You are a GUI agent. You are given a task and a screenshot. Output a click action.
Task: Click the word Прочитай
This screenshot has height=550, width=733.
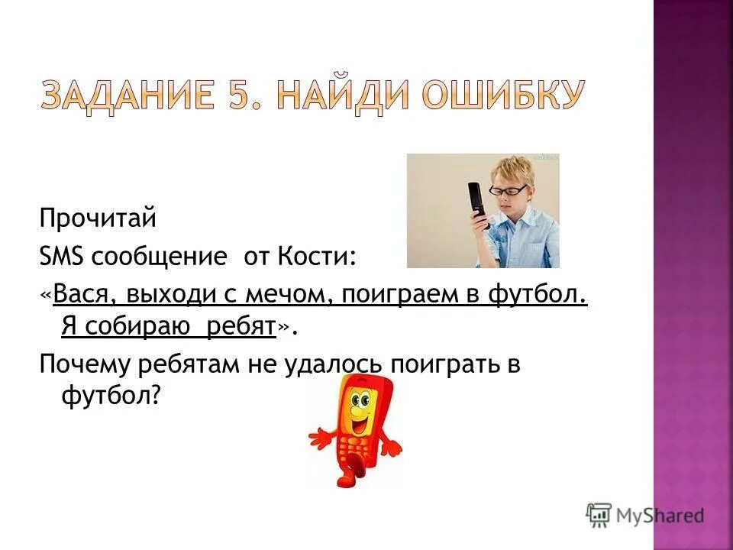coord(98,220)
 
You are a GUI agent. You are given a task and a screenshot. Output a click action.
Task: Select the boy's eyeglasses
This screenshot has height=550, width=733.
coord(509,189)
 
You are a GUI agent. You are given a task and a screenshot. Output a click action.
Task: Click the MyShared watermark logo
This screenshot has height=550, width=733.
coord(645,515)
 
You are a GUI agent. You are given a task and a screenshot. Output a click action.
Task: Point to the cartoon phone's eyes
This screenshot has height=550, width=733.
coord(359,399)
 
